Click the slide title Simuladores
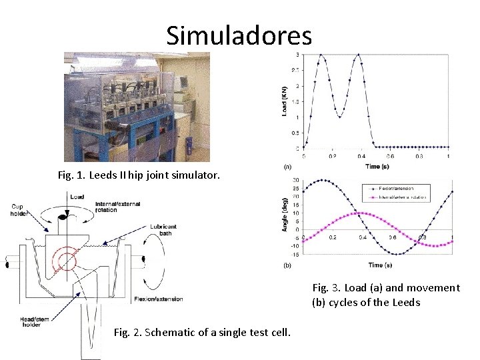[239, 35]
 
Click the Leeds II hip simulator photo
[137, 107]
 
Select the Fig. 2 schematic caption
[202, 332]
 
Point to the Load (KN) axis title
[285, 101]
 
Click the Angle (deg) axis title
[285, 217]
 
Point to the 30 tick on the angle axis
[295, 180]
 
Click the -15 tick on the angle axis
[294, 254]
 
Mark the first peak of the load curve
[321, 55]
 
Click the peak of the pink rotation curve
[361, 213]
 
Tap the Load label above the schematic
[77, 197]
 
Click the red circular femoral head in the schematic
[67, 259]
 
